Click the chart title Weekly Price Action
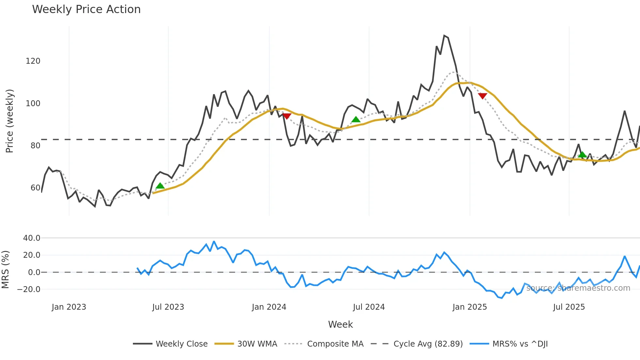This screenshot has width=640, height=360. [86, 9]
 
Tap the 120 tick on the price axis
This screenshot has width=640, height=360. [33, 61]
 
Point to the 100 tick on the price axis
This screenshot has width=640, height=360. [33, 104]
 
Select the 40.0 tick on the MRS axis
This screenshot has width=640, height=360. [32, 238]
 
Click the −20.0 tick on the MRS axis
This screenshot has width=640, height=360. [29, 289]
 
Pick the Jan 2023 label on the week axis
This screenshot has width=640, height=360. [69, 307]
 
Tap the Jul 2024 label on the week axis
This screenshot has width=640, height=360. [369, 307]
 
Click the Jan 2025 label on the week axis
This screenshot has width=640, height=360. [470, 307]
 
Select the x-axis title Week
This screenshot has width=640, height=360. [340, 324]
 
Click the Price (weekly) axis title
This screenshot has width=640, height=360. [9, 121]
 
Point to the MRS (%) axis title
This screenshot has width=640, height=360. [5, 270]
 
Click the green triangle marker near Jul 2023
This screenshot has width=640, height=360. [160, 186]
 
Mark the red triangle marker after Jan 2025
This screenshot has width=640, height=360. [483, 96]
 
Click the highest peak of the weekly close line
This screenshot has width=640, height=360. [444, 35]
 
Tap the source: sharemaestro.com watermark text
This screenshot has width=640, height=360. [578, 288]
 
